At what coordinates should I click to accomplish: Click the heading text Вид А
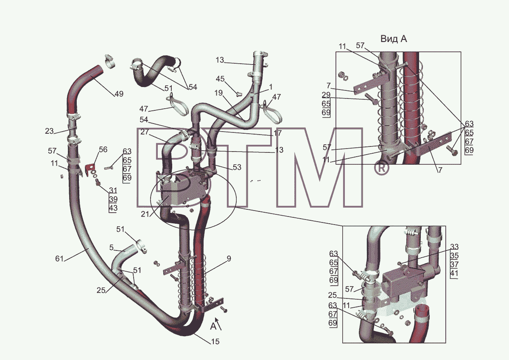(x=394, y=39)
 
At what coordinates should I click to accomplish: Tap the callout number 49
(x=119, y=94)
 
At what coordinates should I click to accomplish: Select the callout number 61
(x=59, y=259)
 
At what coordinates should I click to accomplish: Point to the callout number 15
(x=215, y=341)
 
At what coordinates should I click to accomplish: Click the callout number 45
(x=220, y=79)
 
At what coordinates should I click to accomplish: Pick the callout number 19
(x=218, y=93)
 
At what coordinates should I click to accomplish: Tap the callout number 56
(x=103, y=149)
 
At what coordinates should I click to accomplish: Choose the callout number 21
(x=145, y=214)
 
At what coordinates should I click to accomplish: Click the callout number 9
(x=229, y=259)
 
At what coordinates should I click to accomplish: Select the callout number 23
(x=49, y=131)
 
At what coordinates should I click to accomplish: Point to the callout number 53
(x=237, y=167)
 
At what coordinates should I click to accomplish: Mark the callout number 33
(x=454, y=247)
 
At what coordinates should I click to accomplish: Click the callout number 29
(x=326, y=95)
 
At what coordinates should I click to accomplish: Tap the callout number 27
(x=145, y=132)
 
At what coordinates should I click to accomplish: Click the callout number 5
(x=111, y=247)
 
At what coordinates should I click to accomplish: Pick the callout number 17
(x=278, y=133)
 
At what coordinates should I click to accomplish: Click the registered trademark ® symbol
(x=381, y=168)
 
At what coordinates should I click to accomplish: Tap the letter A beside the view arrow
(x=213, y=326)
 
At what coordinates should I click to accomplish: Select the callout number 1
(x=271, y=87)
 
